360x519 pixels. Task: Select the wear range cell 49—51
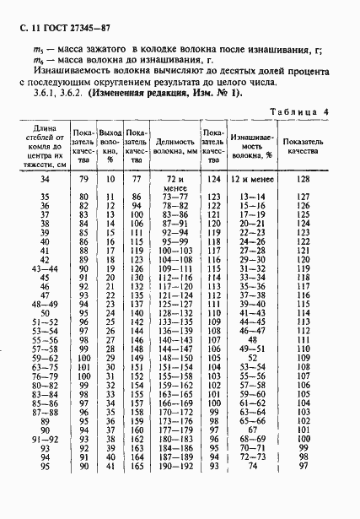(x=251, y=347)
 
